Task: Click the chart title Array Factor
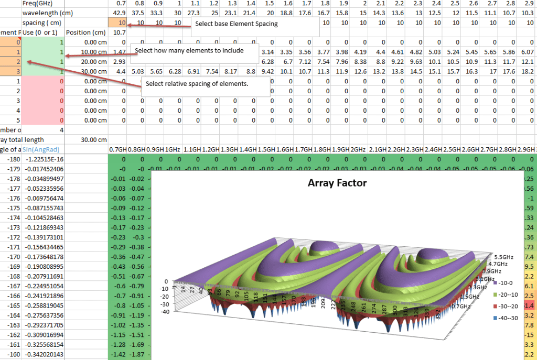(338, 183)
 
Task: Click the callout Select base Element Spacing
(237, 24)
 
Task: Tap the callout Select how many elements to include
(189, 51)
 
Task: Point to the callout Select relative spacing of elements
(197, 84)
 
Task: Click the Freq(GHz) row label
(33, 4)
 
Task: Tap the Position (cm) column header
(86, 32)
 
